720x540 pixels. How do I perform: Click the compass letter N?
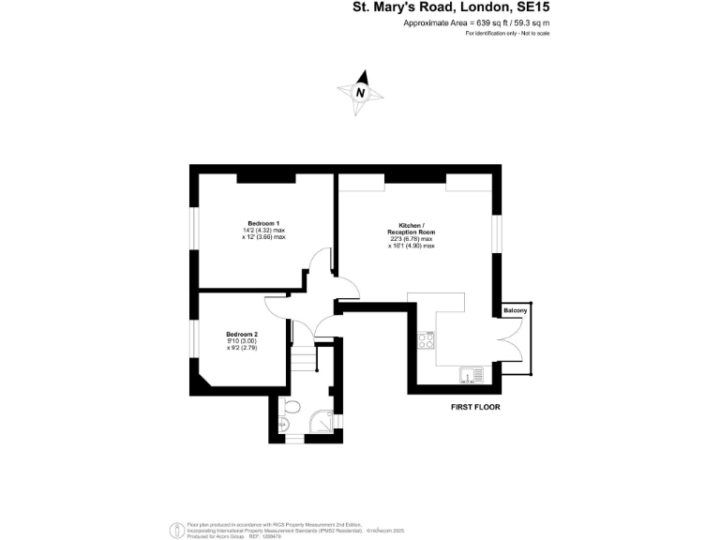[360, 93]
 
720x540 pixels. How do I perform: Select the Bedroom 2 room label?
[242, 334]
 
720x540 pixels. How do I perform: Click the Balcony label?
[516, 310]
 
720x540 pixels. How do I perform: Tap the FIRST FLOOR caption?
[476, 408]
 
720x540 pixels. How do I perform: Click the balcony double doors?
[512, 343]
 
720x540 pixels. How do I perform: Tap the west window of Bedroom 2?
[194, 338]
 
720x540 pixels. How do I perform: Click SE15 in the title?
[529, 8]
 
